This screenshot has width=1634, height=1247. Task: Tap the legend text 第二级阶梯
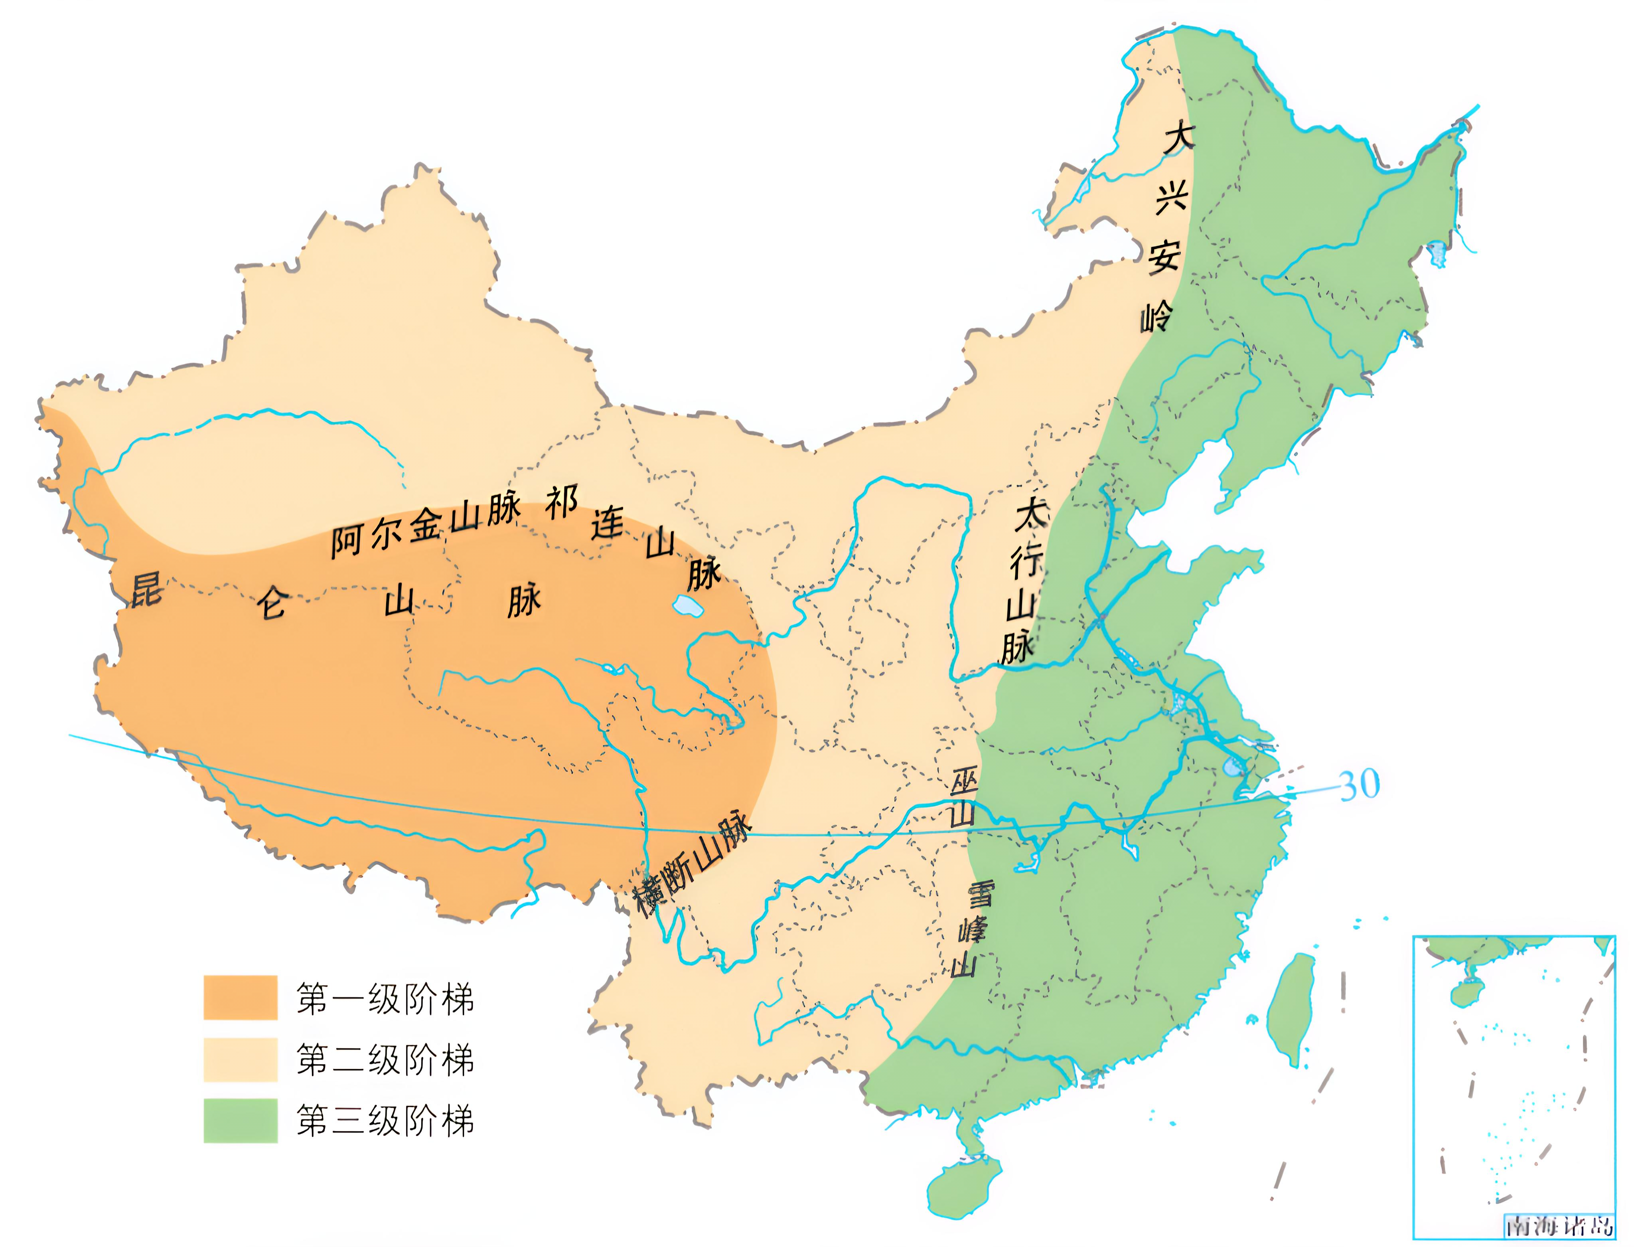click(385, 1059)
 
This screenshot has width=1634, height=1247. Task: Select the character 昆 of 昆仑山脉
click(146, 590)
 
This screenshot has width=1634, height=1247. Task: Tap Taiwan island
click(1290, 1010)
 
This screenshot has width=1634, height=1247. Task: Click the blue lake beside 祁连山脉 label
click(687, 607)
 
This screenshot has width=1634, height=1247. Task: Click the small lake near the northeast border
click(1437, 253)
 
